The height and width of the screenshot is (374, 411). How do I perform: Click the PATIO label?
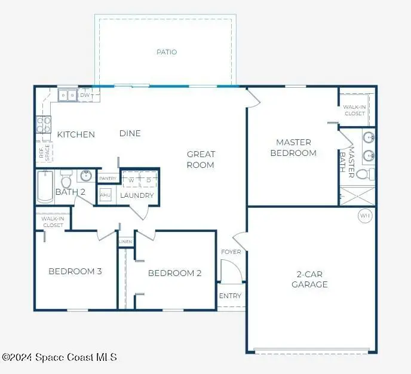pyautogui.click(x=167, y=52)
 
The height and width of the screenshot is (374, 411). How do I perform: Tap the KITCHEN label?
pyautogui.click(x=76, y=134)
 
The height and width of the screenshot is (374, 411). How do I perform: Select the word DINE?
pyautogui.click(x=130, y=133)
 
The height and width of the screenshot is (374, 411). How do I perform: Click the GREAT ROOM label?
pyautogui.click(x=201, y=160)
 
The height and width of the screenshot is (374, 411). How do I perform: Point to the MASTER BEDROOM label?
pyautogui.click(x=293, y=148)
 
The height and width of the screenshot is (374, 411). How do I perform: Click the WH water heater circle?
pyautogui.click(x=364, y=215)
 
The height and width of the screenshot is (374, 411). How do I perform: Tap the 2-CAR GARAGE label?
pyautogui.click(x=309, y=280)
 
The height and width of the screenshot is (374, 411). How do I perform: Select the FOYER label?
pyautogui.click(x=231, y=252)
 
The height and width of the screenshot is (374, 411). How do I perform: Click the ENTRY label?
pyautogui.click(x=230, y=296)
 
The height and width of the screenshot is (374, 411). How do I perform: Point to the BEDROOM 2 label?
pyautogui.click(x=174, y=273)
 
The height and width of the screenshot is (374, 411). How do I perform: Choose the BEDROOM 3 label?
pyautogui.click(x=75, y=271)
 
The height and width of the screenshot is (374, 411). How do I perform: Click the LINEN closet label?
pyautogui.click(x=125, y=241)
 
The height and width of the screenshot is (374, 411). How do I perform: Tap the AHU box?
pyautogui.click(x=105, y=195)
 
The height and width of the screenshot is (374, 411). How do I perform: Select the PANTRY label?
pyautogui.click(x=108, y=178)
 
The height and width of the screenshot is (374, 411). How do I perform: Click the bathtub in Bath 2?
pyautogui.click(x=45, y=186)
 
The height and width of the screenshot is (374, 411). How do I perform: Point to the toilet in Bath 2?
pyautogui.click(x=66, y=180)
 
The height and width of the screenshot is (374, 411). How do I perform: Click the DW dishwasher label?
pyautogui.click(x=85, y=95)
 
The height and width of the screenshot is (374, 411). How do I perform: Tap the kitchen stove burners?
pyautogui.click(x=43, y=124)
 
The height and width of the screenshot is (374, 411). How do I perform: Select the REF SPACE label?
pyautogui.click(x=42, y=152)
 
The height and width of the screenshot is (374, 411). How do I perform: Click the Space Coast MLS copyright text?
pyautogui.click(x=60, y=357)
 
